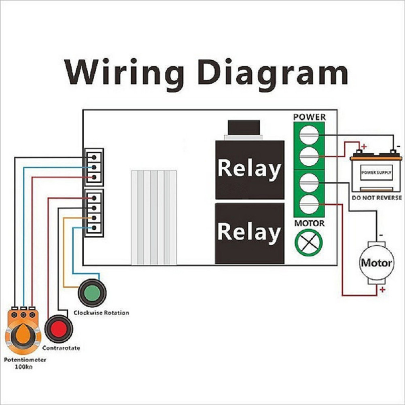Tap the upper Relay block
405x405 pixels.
coord(249,170)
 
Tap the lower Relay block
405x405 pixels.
coord(249,233)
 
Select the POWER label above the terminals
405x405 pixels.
coord(309,117)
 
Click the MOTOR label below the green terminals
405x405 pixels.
coord(309,223)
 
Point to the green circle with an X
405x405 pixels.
coord(309,243)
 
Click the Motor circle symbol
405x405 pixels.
coord(377,263)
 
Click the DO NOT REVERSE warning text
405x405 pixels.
coord(377,198)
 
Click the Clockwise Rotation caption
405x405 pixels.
coord(101,313)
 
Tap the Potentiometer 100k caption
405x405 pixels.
coord(25,363)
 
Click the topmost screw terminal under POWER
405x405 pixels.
coord(309,134)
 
